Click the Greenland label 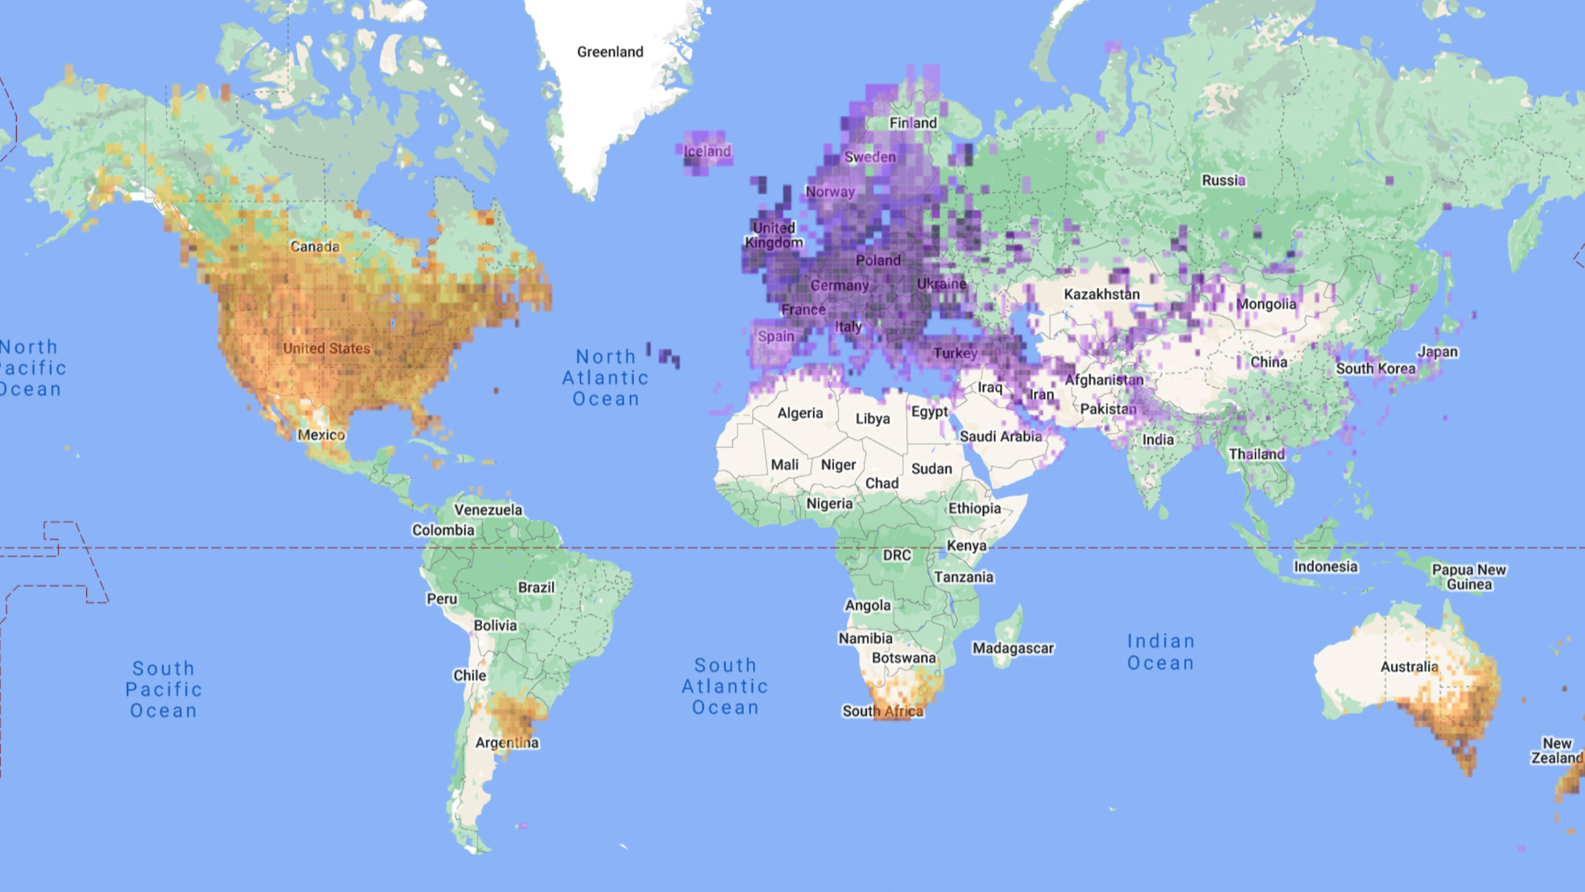pos(610,52)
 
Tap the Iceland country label pos(707,151)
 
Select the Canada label pos(314,246)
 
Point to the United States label pos(327,348)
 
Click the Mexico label pos(321,435)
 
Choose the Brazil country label pos(536,587)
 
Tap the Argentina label pos(507,743)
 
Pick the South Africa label pos(882,711)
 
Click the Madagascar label pos(1013,648)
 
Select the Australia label pos(1409,667)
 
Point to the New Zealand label pos(1557,751)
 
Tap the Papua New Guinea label pos(1469,577)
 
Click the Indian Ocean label pos(1160,652)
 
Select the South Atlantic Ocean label pos(724,686)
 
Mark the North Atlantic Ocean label pos(606,378)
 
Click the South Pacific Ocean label pos(163,689)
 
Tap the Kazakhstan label pos(1102,294)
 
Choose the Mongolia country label pos(1266,304)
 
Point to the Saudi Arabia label pos(1001,436)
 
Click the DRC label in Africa pos(896,555)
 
